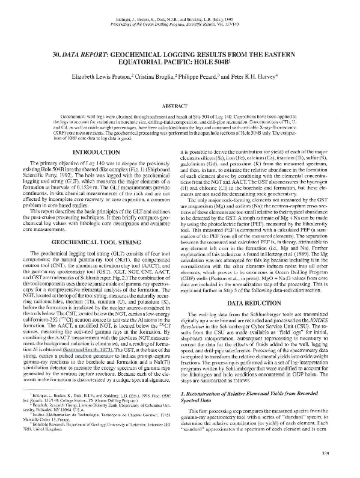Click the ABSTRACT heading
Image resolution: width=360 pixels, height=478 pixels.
180,105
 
